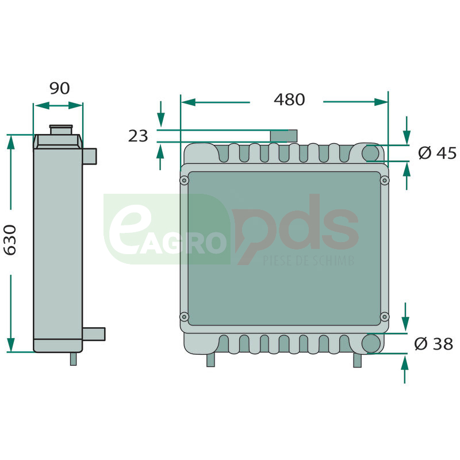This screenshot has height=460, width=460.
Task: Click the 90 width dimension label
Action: [60, 89]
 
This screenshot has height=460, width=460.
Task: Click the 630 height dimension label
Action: [10, 240]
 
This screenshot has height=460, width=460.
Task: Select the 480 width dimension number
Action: [289, 99]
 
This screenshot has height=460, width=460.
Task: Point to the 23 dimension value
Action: [138, 136]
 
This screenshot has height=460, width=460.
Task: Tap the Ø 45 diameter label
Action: [438, 153]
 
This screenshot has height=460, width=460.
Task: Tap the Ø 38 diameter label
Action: [434, 343]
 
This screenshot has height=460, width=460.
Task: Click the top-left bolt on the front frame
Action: [184, 180]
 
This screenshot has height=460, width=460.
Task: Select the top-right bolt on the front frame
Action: [385, 181]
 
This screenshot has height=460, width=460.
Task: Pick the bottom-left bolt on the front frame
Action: [184, 317]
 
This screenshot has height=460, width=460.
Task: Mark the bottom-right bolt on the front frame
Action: [385, 317]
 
